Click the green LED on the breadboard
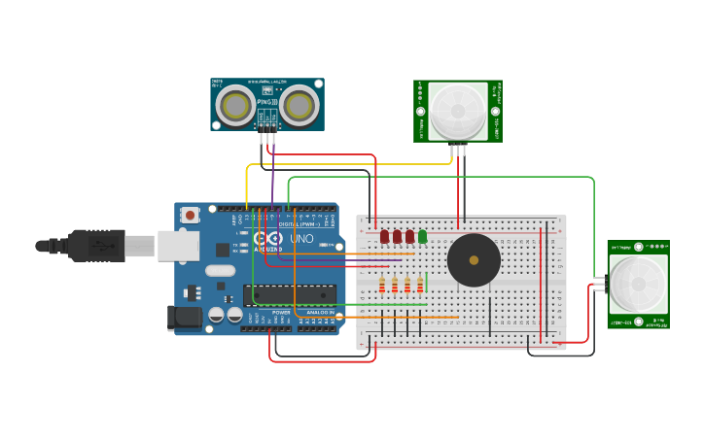tap(422, 236)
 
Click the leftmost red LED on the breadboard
tap(385, 236)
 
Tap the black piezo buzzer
tap(474, 260)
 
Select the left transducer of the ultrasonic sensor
tap(236, 105)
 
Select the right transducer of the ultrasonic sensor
tap(300, 105)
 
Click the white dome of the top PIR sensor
tap(458, 110)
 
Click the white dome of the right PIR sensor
tap(640, 285)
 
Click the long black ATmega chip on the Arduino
tap(290, 294)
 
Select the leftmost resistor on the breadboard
tap(382, 285)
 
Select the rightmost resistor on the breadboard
tap(420, 285)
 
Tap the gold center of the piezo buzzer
tap(474, 260)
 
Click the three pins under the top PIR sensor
tap(458, 148)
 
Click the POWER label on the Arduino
tap(281, 312)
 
